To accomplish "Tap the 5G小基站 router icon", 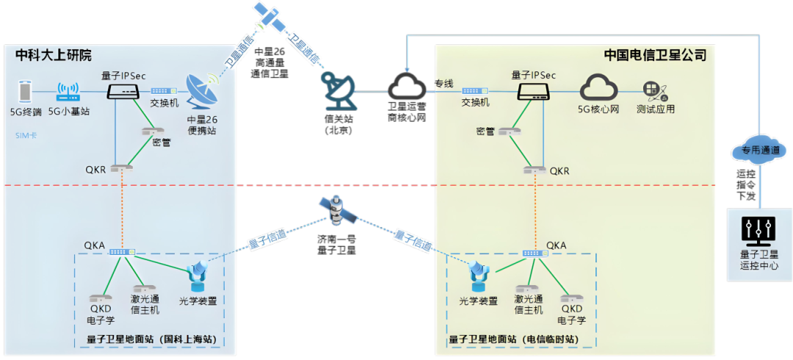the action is [x=68, y=92].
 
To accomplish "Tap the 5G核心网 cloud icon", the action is [x=599, y=88].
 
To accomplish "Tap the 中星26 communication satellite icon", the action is [x=270, y=15].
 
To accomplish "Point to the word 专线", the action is [x=443, y=83].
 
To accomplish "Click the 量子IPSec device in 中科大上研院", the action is [x=123, y=91].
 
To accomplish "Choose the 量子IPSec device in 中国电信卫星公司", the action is [x=534, y=91].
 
